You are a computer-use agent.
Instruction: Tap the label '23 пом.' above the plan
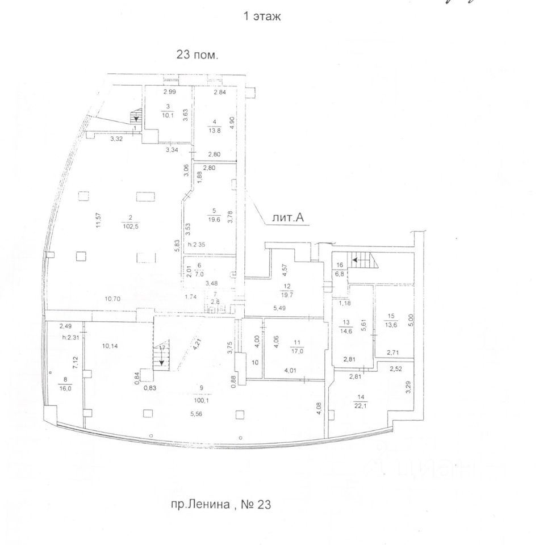(x=199, y=56)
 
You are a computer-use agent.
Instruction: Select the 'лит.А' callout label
(x=290, y=218)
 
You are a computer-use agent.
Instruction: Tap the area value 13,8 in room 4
(x=214, y=131)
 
